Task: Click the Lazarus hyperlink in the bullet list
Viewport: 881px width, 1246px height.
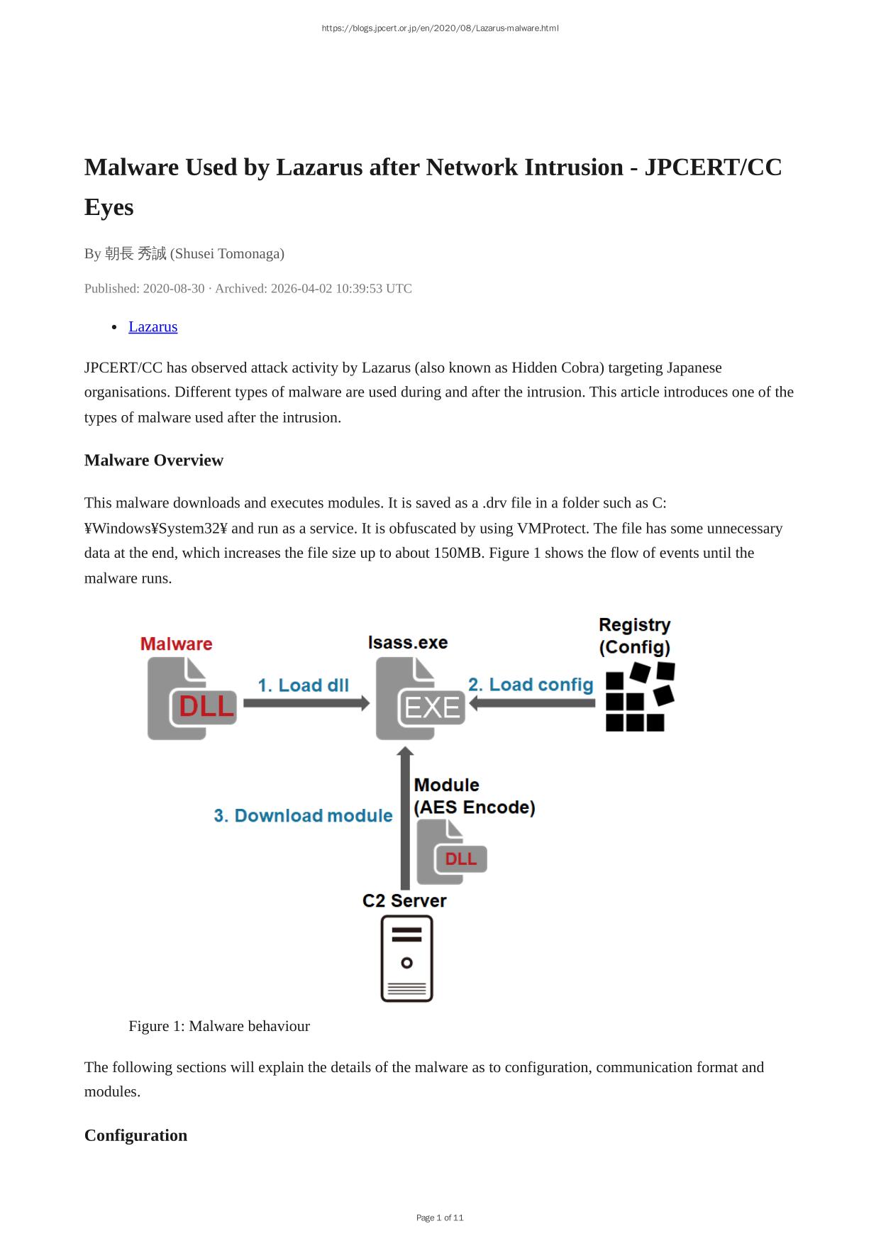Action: [x=153, y=326]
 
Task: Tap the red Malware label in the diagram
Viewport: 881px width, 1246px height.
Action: [x=177, y=644]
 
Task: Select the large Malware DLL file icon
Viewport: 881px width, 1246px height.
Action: [x=192, y=698]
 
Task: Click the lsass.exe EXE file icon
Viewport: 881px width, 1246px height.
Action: [x=420, y=698]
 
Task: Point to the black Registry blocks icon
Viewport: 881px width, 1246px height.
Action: [x=640, y=697]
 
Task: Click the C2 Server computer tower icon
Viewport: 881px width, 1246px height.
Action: [x=406, y=959]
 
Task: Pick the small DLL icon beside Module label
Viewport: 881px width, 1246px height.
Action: [x=451, y=851]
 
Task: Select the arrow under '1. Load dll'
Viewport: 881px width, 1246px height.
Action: [x=306, y=703]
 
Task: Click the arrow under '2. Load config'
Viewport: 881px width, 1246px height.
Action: [x=532, y=703]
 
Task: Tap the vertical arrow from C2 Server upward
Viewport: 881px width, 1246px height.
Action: [x=405, y=817]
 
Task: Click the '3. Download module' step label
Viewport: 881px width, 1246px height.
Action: [x=303, y=816]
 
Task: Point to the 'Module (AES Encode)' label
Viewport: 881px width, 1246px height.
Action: [x=474, y=796]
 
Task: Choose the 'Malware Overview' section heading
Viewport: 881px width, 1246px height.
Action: [x=154, y=461]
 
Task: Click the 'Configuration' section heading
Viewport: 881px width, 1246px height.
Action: [x=135, y=1135]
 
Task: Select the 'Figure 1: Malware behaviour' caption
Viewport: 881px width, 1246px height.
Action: [x=219, y=1026]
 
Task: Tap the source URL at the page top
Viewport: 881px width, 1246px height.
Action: [x=440, y=28]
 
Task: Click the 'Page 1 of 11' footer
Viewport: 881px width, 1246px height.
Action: [x=440, y=1218]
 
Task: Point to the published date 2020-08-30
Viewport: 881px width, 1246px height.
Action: [x=174, y=288]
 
